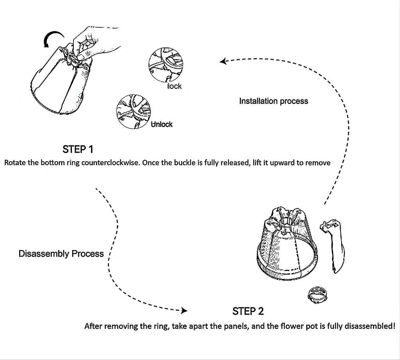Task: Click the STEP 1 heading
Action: point(78,149)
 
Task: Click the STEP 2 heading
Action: point(248,311)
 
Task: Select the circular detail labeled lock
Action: point(166,64)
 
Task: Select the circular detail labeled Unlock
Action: point(134,111)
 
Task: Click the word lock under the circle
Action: point(175,86)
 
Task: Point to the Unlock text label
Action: point(162,125)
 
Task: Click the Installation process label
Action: point(273,101)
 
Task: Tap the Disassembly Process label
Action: point(61,254)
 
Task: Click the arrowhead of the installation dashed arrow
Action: point(223,61)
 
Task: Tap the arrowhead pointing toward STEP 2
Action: point(184,310)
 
